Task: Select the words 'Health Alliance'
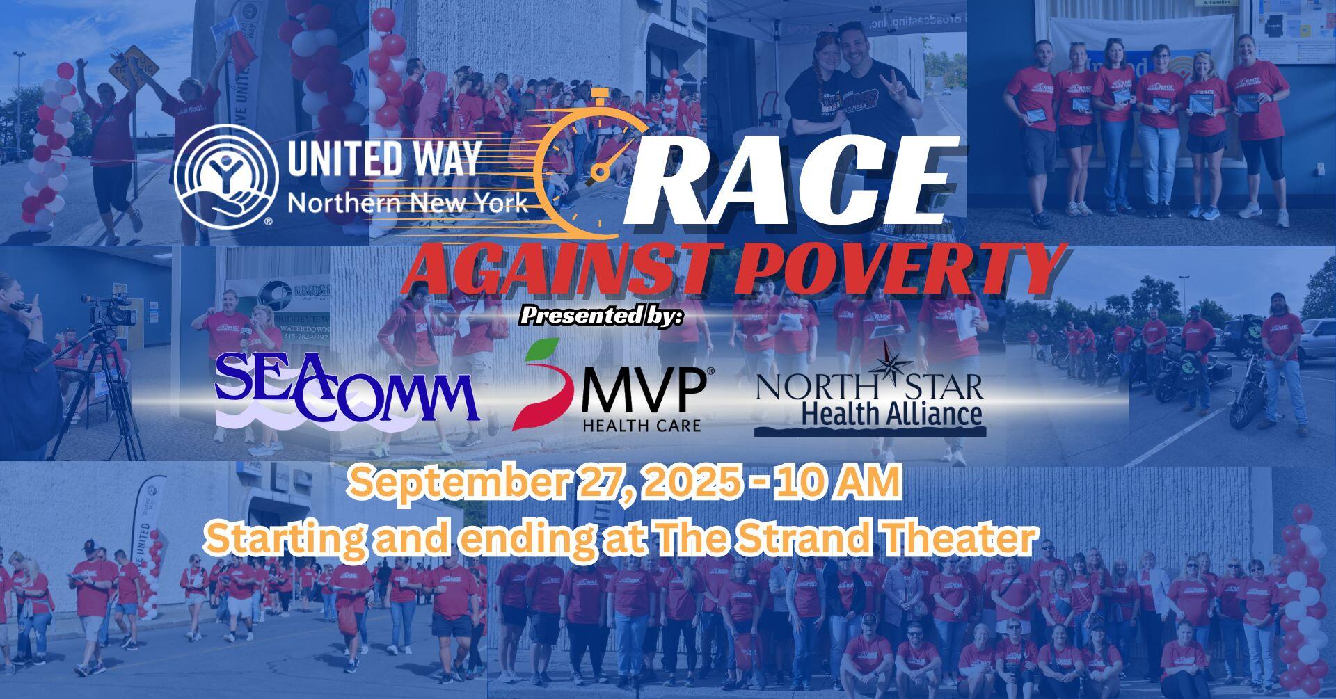892,415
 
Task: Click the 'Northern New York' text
407,203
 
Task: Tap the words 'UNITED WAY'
383,159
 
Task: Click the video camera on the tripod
111,310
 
